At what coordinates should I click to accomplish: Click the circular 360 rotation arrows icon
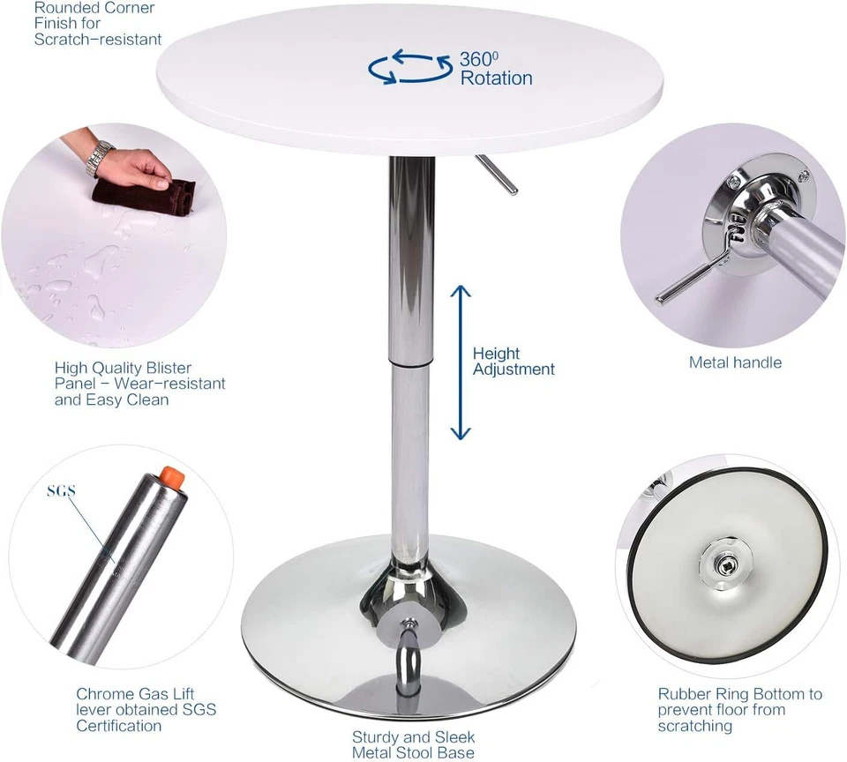[x=409, y=68]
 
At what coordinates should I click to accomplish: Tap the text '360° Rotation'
[x=495, y=69]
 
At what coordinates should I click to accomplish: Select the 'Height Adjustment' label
[x=513, y=362]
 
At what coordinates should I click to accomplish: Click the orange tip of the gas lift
[x=174, y=480]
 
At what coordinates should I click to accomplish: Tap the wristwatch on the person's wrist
[x=100, y=158]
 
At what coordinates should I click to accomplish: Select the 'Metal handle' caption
[x=735, y=362]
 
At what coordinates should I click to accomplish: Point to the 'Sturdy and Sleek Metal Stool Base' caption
[x=413, y=744]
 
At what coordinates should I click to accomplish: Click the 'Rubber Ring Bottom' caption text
[x=739, y=710]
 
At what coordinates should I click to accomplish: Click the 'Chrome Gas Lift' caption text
[x=146, y=710]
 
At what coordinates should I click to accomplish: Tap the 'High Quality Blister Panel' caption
[x=139, y=384]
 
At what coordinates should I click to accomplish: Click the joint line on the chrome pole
[x=411, y=362]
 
